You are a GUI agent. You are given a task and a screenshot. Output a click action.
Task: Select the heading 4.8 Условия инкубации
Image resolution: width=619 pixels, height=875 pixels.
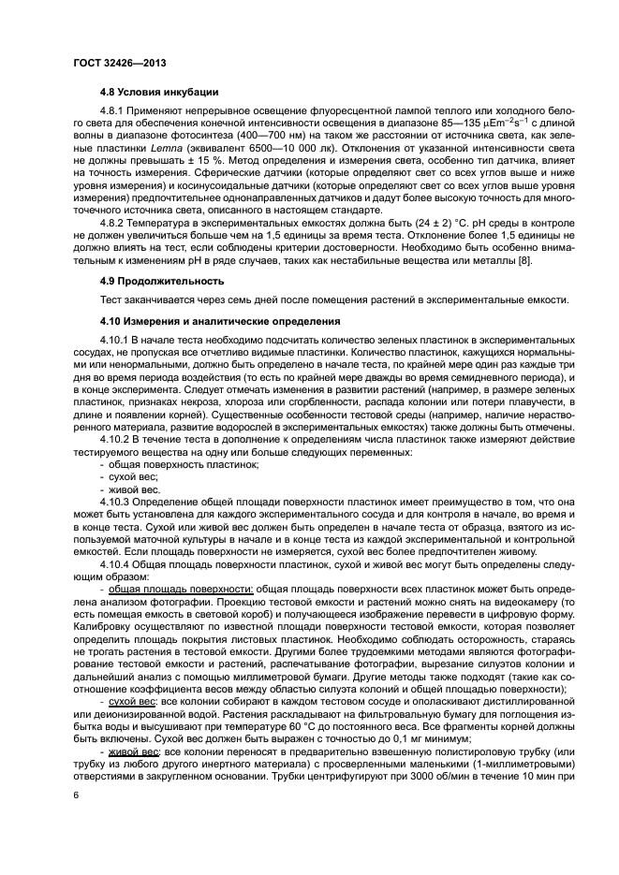pyautogui.click(x=159, y=92)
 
